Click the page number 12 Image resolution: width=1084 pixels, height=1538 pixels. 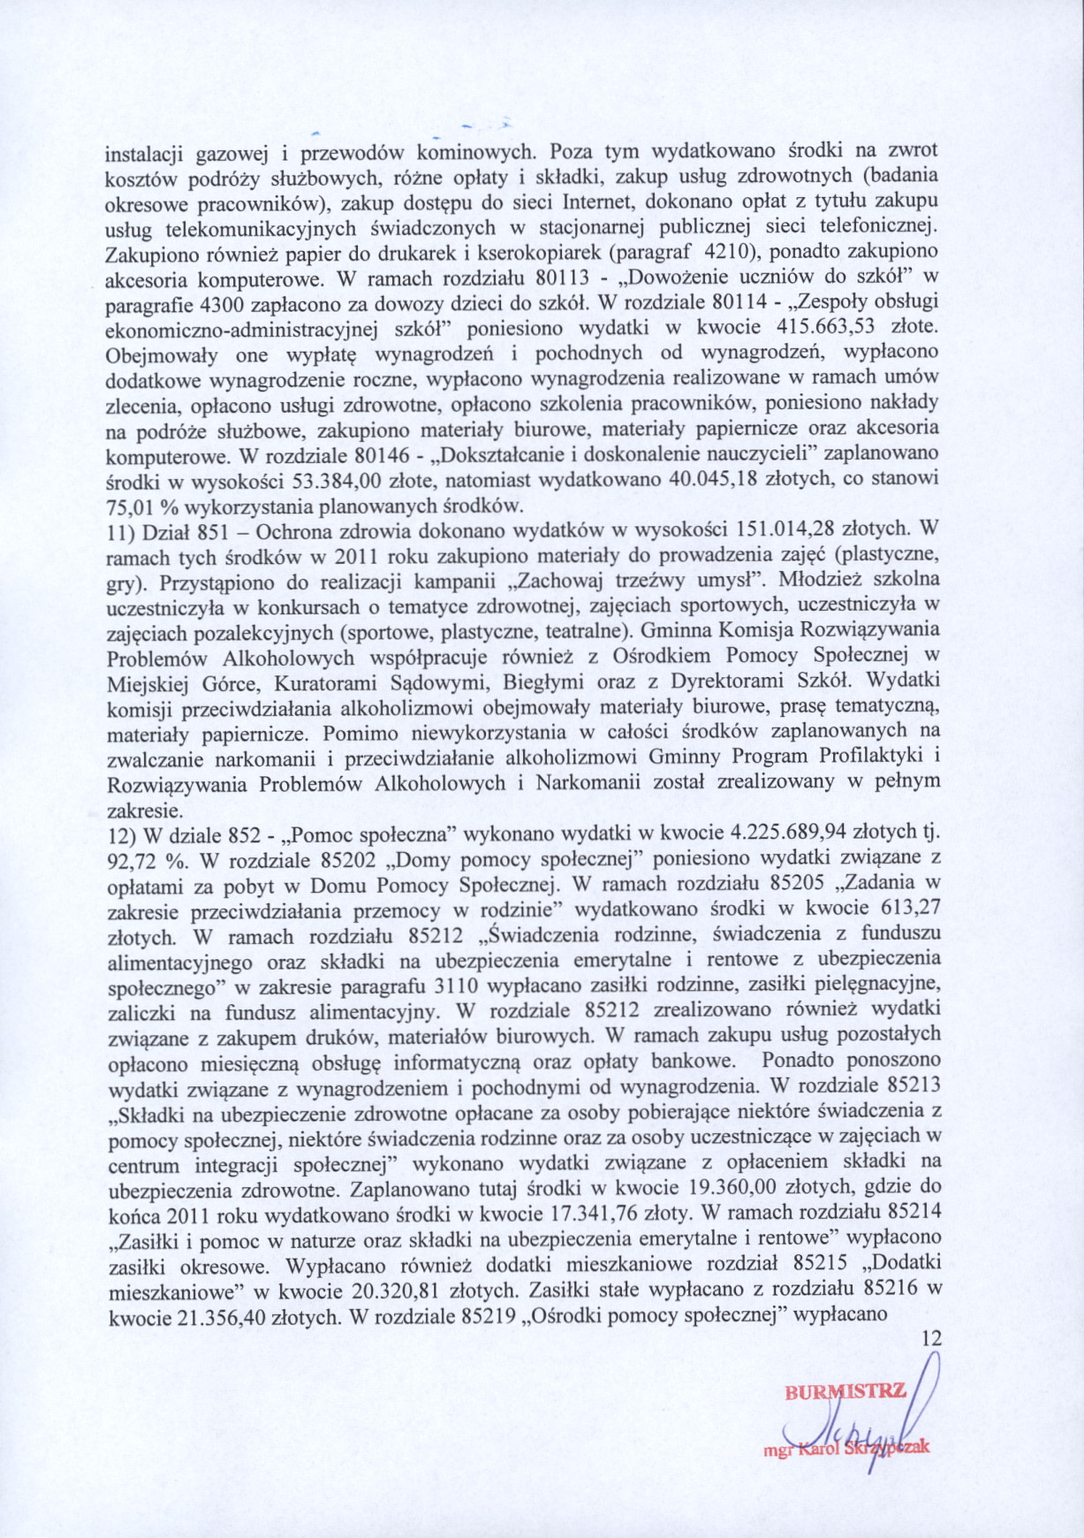tap(931, 1339)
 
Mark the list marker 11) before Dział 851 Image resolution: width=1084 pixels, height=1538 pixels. tap(119, 531)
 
